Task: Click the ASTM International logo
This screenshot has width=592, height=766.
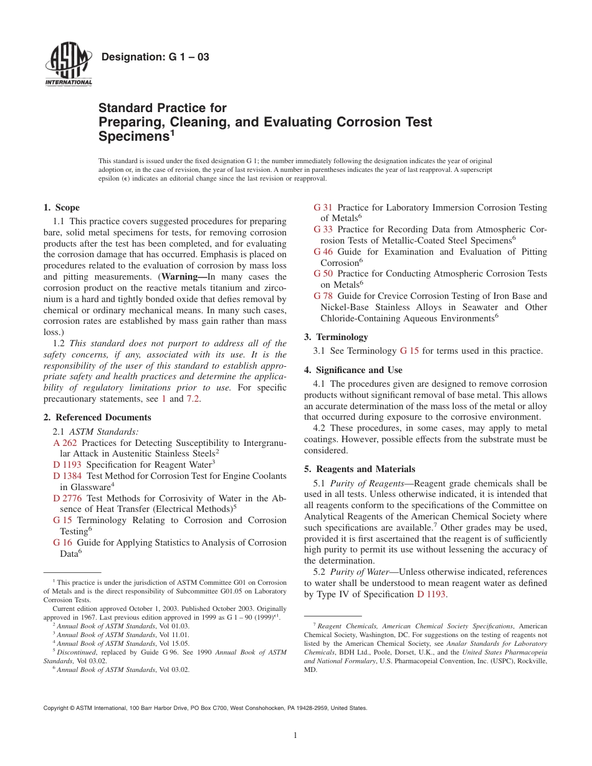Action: coord(69,66)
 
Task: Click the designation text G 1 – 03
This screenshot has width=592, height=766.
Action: coord(155,57)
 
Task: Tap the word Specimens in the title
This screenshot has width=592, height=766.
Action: coord(132,136)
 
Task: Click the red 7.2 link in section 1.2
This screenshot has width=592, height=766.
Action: coord(193,399)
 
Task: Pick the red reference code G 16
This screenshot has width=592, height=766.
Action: coord(62,542)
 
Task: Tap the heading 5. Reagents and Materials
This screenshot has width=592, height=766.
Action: coord(360,469)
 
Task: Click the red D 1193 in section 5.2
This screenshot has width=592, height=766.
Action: coord(431,594)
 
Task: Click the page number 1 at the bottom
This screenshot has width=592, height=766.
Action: coord(296,735)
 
